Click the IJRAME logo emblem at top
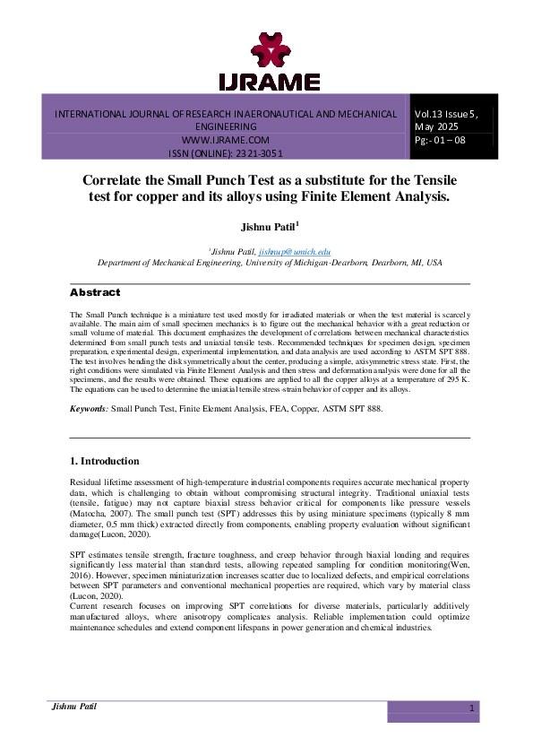pyautogui.click(x=269, y=50)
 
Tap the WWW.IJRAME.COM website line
pyautogui.click(x=226, y=141)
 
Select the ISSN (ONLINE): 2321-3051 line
pyautogui.click(x=226, y=154)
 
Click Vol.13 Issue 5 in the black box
pyautogui.click(x=446, y=114)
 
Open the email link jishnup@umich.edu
pyautogui.click(x=301, y=252)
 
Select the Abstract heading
pyautogui.click(x=94, y=293)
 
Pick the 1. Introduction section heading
pyautogui.click(x=104, y=461)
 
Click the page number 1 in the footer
pyautogui.click(x=470, y=708)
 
